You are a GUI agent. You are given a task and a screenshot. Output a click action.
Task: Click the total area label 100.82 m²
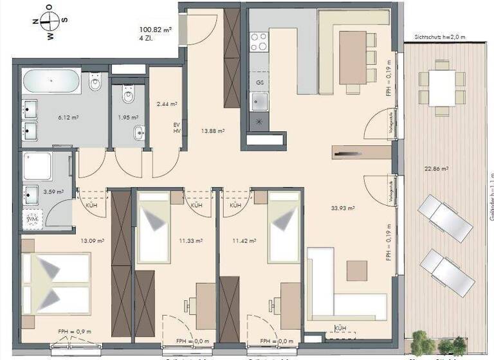pos(157,30)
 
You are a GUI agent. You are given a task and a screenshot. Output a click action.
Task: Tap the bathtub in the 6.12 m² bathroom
pos(51,83)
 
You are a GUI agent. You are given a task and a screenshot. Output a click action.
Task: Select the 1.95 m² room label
pos(128,117)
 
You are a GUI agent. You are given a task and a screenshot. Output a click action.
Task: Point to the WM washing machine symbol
pos(32,219)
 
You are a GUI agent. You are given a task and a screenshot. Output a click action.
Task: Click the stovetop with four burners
pos(259,41)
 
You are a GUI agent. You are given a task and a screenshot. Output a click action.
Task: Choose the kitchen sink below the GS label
pos(259,101)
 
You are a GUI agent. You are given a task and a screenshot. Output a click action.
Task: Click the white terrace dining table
pos(442,87)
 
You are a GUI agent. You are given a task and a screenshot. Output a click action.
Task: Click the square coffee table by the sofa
pos(356,270)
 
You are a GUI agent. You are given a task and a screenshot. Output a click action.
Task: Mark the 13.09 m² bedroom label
pos(93,241)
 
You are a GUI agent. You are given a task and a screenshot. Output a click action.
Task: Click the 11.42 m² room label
pos(244,241)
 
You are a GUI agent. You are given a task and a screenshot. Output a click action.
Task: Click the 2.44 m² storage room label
pos(167,103)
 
